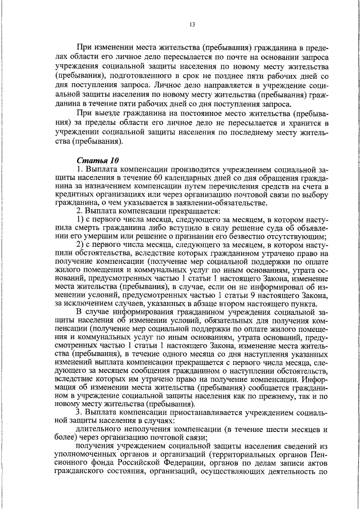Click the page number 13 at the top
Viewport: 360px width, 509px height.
(192, 24)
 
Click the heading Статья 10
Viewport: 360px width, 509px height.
(94, 160)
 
